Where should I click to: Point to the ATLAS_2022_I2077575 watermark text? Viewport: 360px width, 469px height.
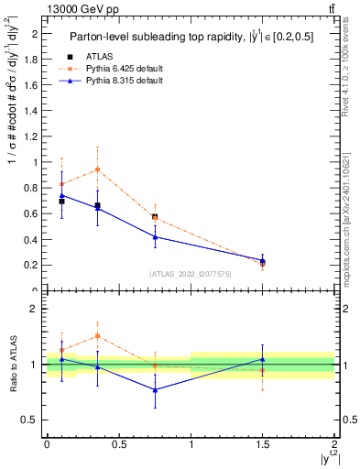click(190, 273)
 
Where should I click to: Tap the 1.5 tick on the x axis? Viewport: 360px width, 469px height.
click(263, 444)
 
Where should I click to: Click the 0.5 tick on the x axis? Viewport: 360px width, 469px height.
click(118, 444)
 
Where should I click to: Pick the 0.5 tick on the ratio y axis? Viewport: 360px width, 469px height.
click(33, 420)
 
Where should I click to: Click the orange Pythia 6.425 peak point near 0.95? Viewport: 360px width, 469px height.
click(97, 169)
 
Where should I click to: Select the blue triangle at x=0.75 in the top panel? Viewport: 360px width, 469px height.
click(155, 237)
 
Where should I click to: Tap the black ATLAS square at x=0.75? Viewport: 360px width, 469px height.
click(155, 217)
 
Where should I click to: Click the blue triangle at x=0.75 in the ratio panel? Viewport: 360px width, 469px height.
click(155, 390)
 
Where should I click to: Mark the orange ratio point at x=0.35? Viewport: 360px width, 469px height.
click(97, 336)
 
